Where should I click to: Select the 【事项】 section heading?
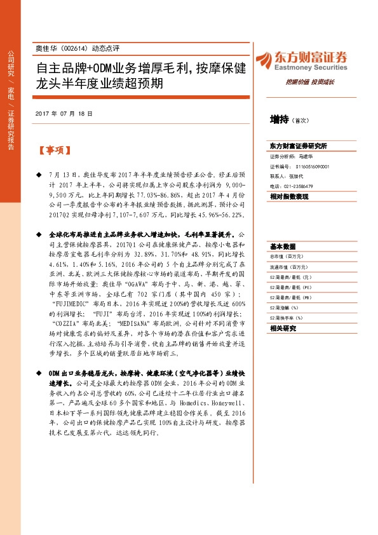[x=55, y=151]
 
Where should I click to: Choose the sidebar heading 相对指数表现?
[x=289, y=197]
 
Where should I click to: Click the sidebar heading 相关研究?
[x=283, y=328]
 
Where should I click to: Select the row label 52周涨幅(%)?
[x=285, y=308]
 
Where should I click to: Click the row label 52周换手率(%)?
[x=287, y=318]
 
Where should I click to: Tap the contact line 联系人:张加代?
[x=287, y=176]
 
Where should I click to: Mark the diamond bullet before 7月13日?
[x=38, y=173]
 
